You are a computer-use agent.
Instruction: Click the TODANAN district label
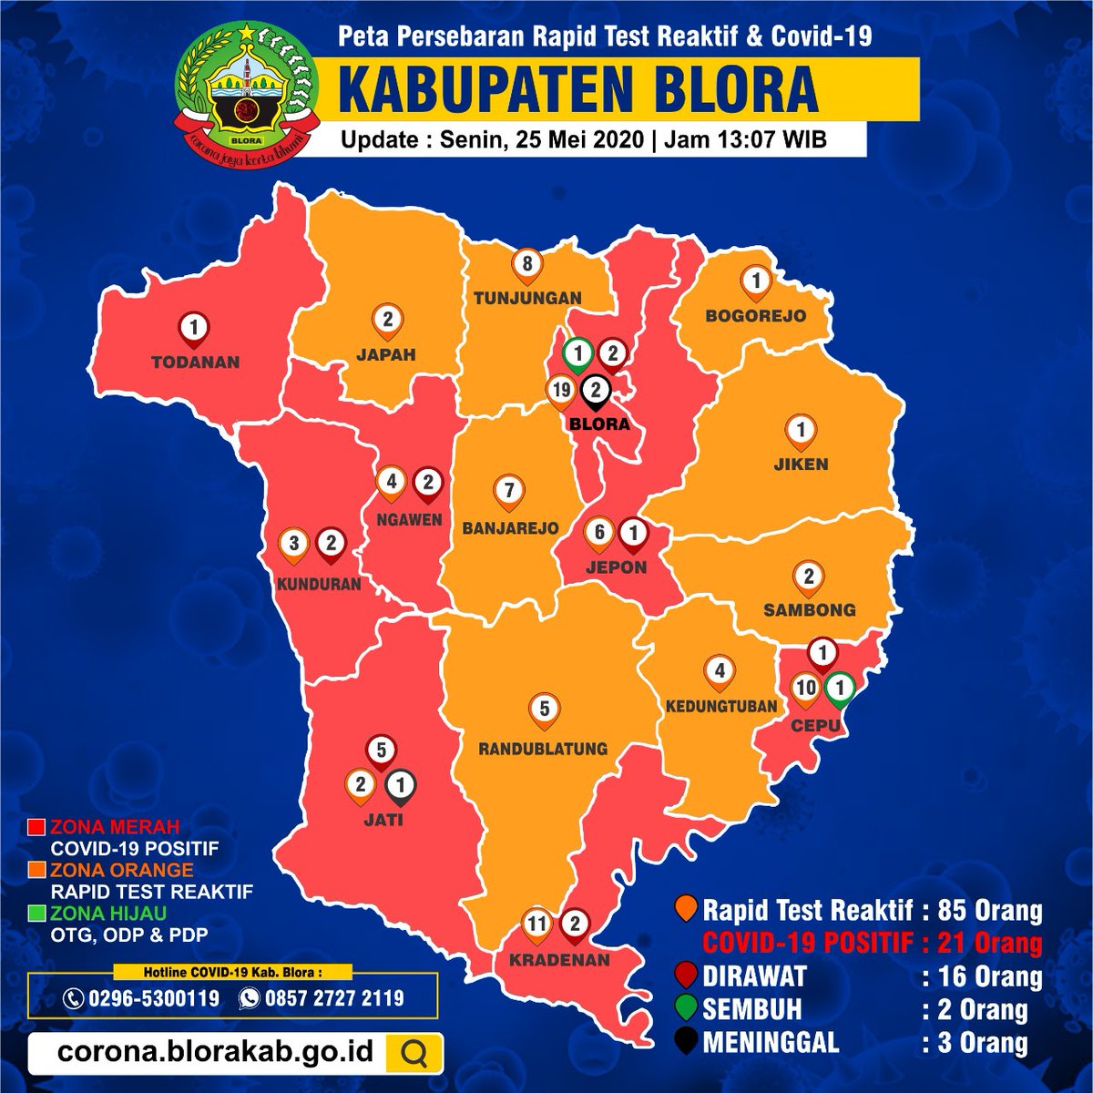(x=195, y=362)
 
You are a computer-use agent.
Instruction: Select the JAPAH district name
(x=387, y=355)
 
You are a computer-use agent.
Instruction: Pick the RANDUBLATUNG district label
(x=543, y=749)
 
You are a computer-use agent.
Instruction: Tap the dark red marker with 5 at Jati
(x=382, y=752)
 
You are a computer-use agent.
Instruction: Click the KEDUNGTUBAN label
(x=720, y=706)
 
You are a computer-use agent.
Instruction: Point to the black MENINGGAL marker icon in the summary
(x=686, y=1041)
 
